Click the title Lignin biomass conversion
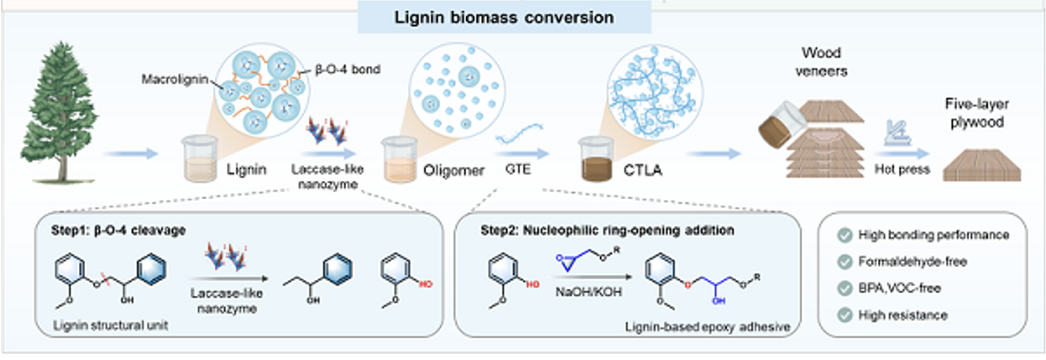504,17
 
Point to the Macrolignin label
174,79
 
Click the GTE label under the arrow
518,169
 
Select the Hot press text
902,169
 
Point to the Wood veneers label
821,62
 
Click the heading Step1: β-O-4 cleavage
118,230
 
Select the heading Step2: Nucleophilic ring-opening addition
607,230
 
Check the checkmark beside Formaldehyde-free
845,261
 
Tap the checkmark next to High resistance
845,315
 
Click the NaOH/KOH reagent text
588,292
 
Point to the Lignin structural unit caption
110,325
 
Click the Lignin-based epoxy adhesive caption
707,326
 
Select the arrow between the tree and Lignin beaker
131,154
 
